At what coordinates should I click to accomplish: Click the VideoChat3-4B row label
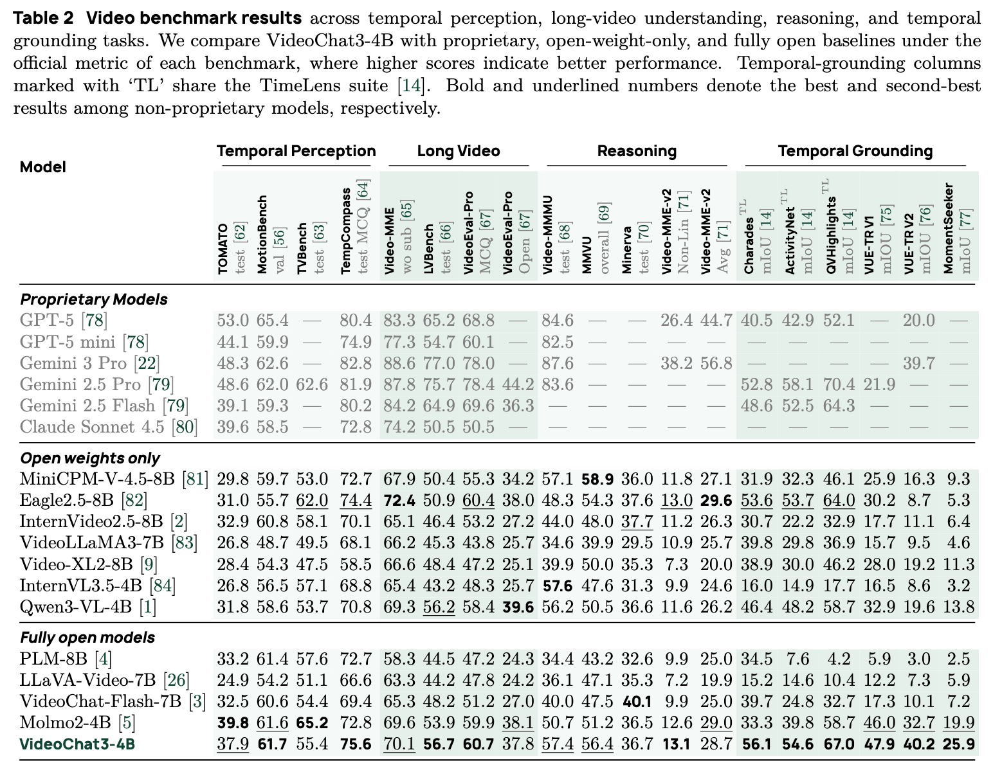[x=77, y=744]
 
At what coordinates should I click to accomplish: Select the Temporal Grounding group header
[x=855, y=150]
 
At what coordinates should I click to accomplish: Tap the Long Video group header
[x=459, y=150]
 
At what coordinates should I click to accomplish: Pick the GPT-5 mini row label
[x=84, y=342]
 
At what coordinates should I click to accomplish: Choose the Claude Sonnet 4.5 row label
[x=109, y=427]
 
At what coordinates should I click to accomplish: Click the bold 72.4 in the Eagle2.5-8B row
[x=399, y=501]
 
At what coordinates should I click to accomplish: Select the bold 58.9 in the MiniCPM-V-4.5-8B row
[x=597, y=479]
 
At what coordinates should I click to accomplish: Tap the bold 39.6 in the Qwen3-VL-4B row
[x=518, y=607]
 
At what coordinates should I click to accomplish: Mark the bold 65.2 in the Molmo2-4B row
[x=312, y=722]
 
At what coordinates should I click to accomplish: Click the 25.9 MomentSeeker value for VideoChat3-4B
[x=959, y=744]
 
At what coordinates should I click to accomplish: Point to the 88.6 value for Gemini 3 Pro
[x=399, y=363]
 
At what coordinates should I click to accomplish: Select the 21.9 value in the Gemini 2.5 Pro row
[x=879, y=384]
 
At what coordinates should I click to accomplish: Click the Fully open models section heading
[x=87, y=638]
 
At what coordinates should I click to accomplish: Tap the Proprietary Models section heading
[x=94, y=299]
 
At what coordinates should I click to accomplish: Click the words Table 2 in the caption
[x=44, y=18]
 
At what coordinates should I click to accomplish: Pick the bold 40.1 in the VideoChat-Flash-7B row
[x=637, y=701]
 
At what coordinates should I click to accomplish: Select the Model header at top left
[x=43, y=167]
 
